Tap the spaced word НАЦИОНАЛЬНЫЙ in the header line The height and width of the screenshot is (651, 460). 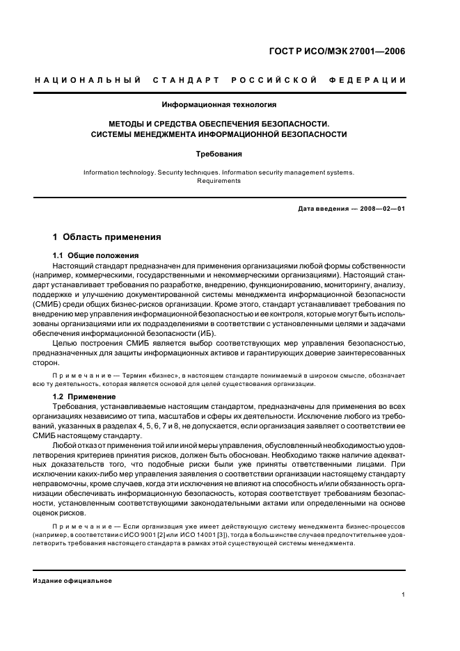point(88,81)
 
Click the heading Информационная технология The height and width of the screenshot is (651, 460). point(219,105)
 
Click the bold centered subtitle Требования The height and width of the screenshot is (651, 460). point(219,154)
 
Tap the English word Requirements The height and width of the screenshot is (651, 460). point(219,181)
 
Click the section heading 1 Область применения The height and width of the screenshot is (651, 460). point(107,237)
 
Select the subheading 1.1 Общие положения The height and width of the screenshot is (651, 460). point(96,255)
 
